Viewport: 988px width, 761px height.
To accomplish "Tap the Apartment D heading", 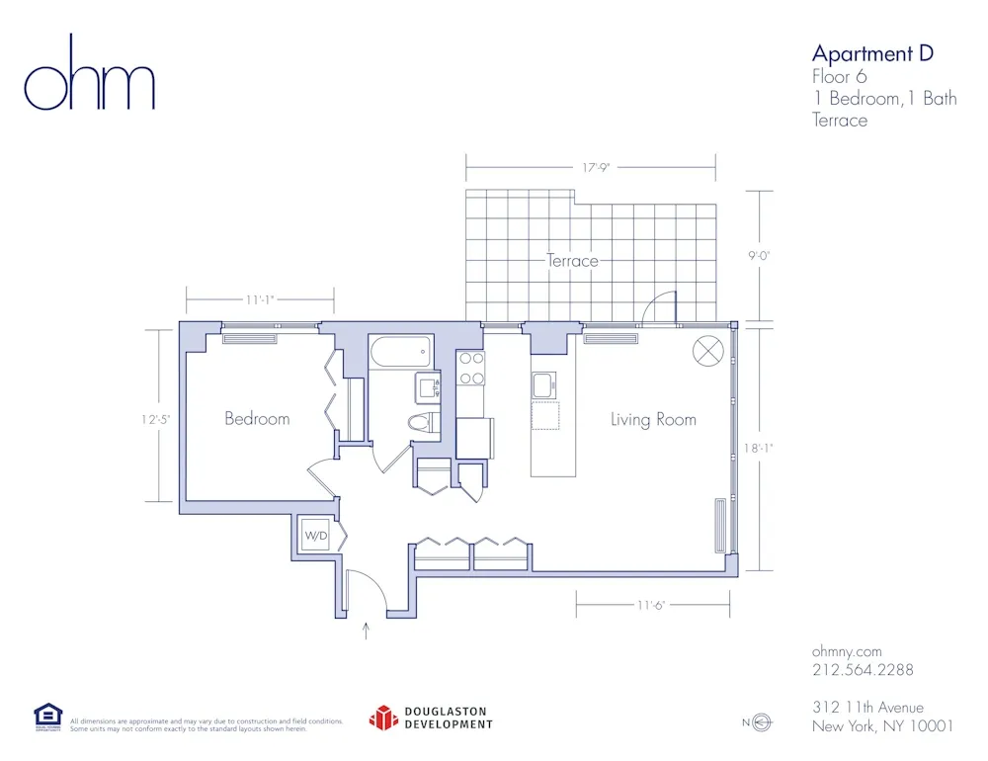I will (871, 53).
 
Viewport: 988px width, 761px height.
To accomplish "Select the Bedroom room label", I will (257, 418).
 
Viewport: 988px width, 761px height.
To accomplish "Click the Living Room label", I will (653, 420).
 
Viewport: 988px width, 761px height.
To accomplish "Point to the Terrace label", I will (572, 261).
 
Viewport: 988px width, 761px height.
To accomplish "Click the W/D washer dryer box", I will (316, 536).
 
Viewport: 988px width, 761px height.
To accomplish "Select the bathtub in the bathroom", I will (400, 351).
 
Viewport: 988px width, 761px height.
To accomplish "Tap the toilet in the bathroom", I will (422, 423).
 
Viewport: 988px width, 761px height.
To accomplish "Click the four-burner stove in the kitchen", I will (471, 368).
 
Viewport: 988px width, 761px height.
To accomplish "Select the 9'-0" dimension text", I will (759, 255).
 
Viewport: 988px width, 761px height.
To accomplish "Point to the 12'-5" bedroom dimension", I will (155, 419).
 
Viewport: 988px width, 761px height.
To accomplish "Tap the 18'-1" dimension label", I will (759, 448).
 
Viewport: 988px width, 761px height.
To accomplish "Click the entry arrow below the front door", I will (367, 631).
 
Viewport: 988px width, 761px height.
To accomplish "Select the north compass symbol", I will (760, 723).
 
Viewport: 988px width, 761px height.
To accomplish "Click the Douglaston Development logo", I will (431, 718).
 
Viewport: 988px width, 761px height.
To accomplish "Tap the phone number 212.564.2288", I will (862, 670).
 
